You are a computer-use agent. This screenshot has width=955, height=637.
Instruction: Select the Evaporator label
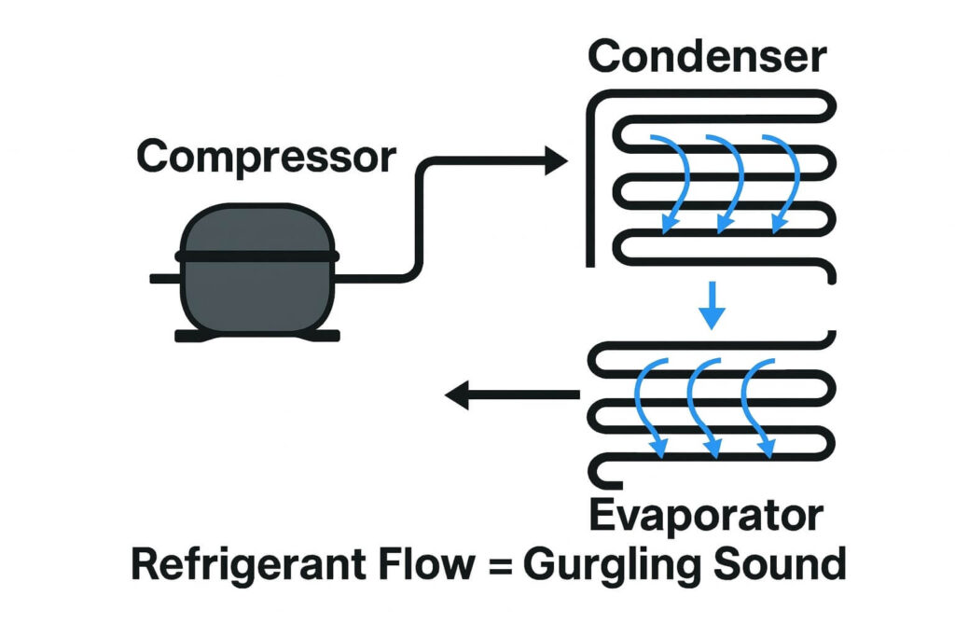pyautogui.click(x=706, y=515)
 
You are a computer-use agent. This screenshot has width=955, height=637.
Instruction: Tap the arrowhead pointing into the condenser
pyautogui.click(x=555, y=162)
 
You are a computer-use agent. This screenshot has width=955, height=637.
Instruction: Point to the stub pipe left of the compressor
pyautogui.click(x=164, y=278)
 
